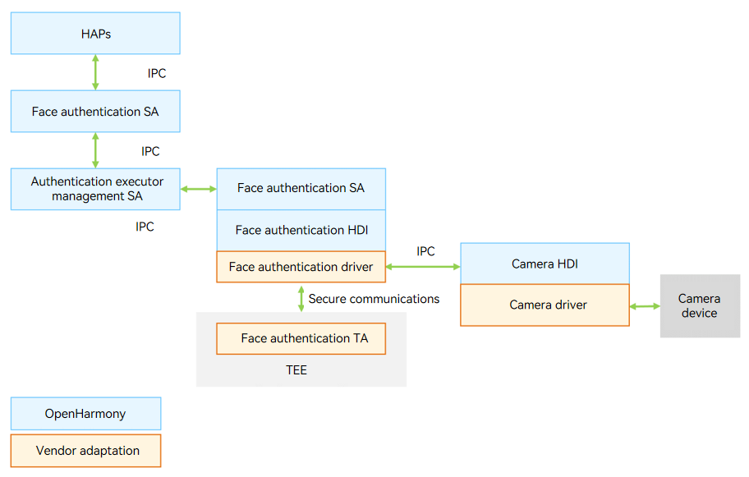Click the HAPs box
[x=95, y=34]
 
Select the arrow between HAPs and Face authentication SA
[x=96, y=72]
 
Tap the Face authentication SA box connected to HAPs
[x=95, y=112]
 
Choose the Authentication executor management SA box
[x=95, y=189]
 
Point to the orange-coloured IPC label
[x=145, y=227]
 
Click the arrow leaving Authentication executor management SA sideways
[x=198, y=190]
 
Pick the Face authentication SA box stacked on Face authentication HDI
[x=301, y=188]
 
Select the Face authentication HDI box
[x=301, y=230]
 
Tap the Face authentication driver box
[x=301, y=267]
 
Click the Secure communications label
[x=374, y=299]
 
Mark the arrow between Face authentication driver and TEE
[x=301, y=298]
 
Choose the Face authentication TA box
[x=301, y=338]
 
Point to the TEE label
[x=296, y=370]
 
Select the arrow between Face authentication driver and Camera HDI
[x=423, y=267]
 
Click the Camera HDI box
[x=545, y=264]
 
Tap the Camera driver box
[x=545, y=305]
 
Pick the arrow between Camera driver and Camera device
[x=645, y=306]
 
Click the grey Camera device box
[x=700, y=306]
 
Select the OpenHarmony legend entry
[x=85, y=414]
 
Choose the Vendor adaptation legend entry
[x=85, y=451]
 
